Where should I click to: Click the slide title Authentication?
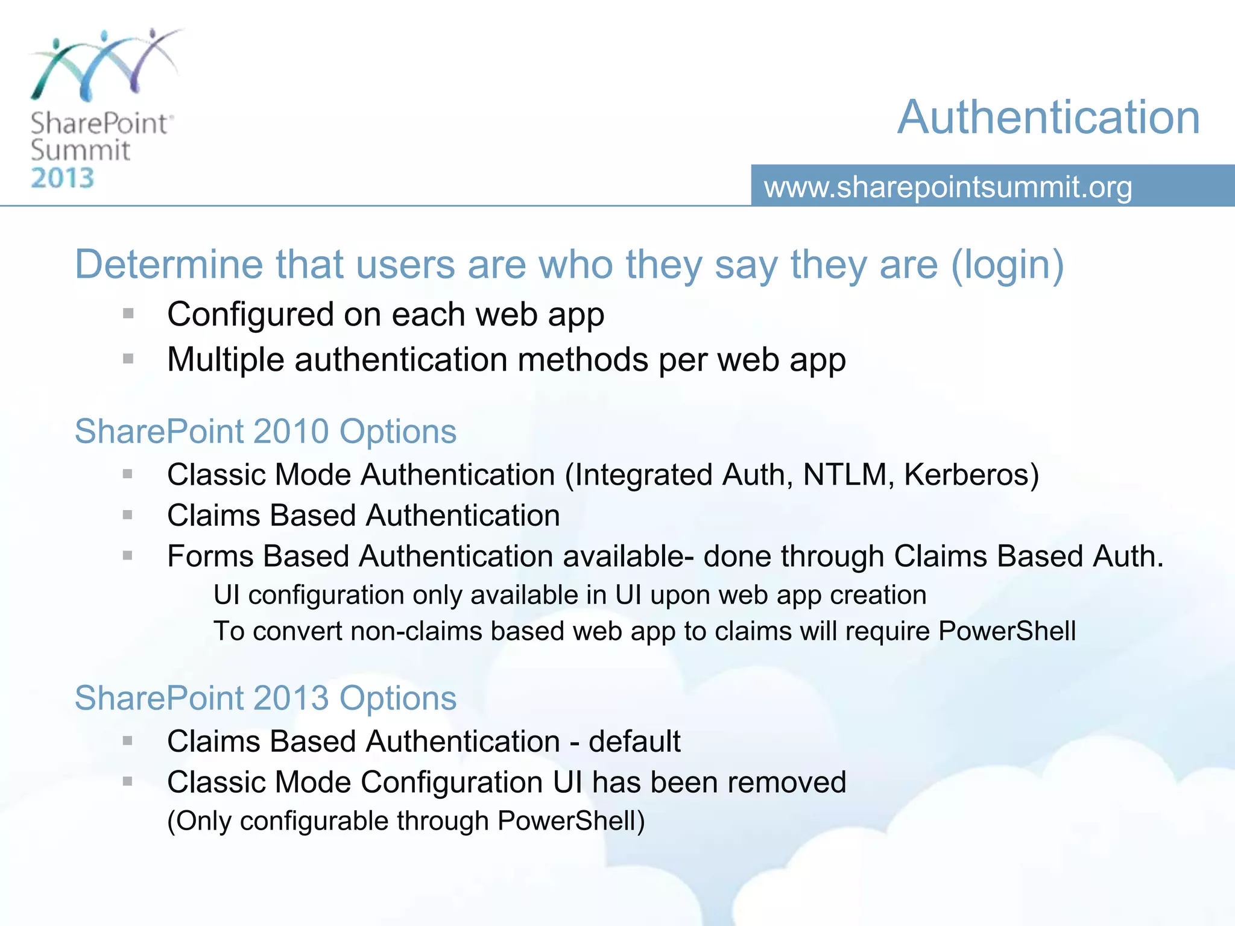pos(1048,117)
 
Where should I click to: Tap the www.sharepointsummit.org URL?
pos(948,187)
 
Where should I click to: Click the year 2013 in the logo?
pos(63,178)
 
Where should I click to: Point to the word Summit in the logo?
pos(80,150)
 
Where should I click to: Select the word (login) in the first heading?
pos(1007,265)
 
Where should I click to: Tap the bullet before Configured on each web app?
pos(128,313)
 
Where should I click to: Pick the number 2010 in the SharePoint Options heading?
pos(291,432)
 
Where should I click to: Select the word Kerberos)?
pos(971,474)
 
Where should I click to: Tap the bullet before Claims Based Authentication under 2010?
pos(128,515)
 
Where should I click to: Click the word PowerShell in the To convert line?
pos(1007,631)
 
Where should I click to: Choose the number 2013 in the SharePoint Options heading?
pos(291,698)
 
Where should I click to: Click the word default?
pos(634,741)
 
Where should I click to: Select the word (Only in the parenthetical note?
pos(199,821)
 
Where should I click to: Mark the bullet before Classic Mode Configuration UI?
pos(128,781)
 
